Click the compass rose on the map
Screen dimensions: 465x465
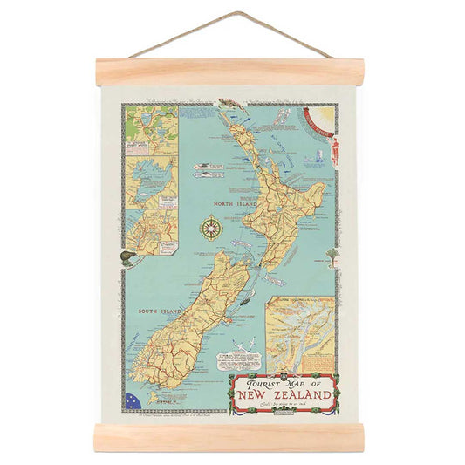210,229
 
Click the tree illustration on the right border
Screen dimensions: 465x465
332,255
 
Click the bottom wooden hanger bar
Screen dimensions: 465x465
229,437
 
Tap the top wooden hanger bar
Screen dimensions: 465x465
229,72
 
